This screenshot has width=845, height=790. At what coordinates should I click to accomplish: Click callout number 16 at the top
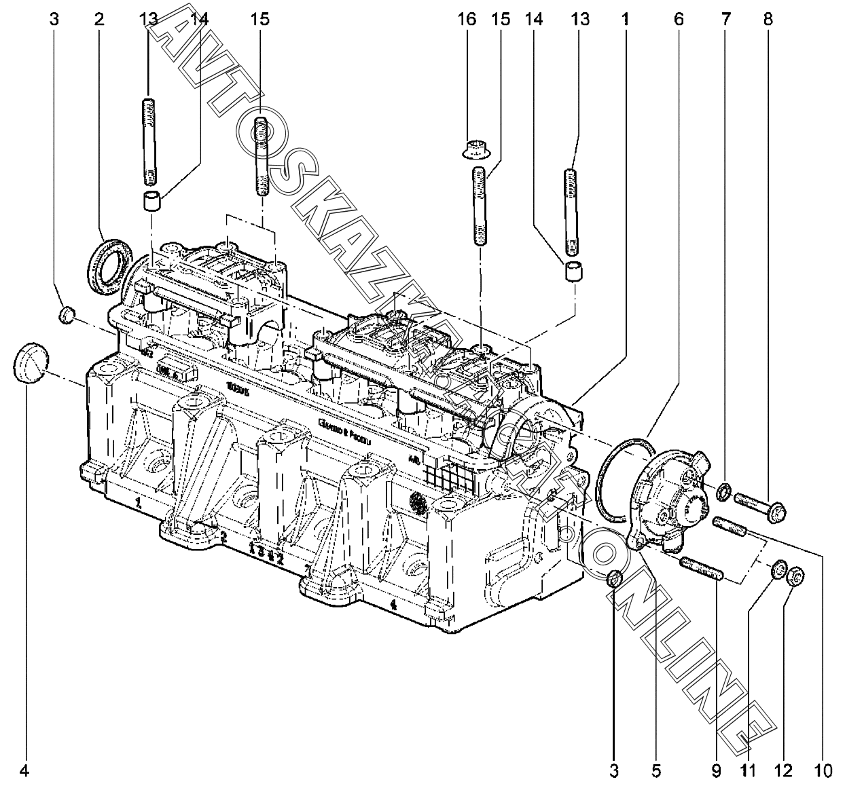click(467, 19)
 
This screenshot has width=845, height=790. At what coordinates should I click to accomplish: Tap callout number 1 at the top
click(623, 19)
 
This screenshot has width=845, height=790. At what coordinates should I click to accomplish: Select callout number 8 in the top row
click(768, 19)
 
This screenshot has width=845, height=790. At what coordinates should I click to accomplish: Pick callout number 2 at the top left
click(99, 19)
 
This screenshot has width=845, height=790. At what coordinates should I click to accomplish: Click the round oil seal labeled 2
click(108, 265)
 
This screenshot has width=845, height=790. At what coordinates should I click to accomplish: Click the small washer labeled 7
click(725, 490)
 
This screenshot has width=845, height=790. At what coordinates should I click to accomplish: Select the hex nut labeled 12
click(797, 576)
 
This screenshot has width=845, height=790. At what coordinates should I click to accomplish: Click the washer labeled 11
click(779, 570)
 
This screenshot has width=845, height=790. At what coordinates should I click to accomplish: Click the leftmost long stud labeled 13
click(148, 141)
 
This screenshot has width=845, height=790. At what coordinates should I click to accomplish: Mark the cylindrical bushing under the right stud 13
click(575, 271)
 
